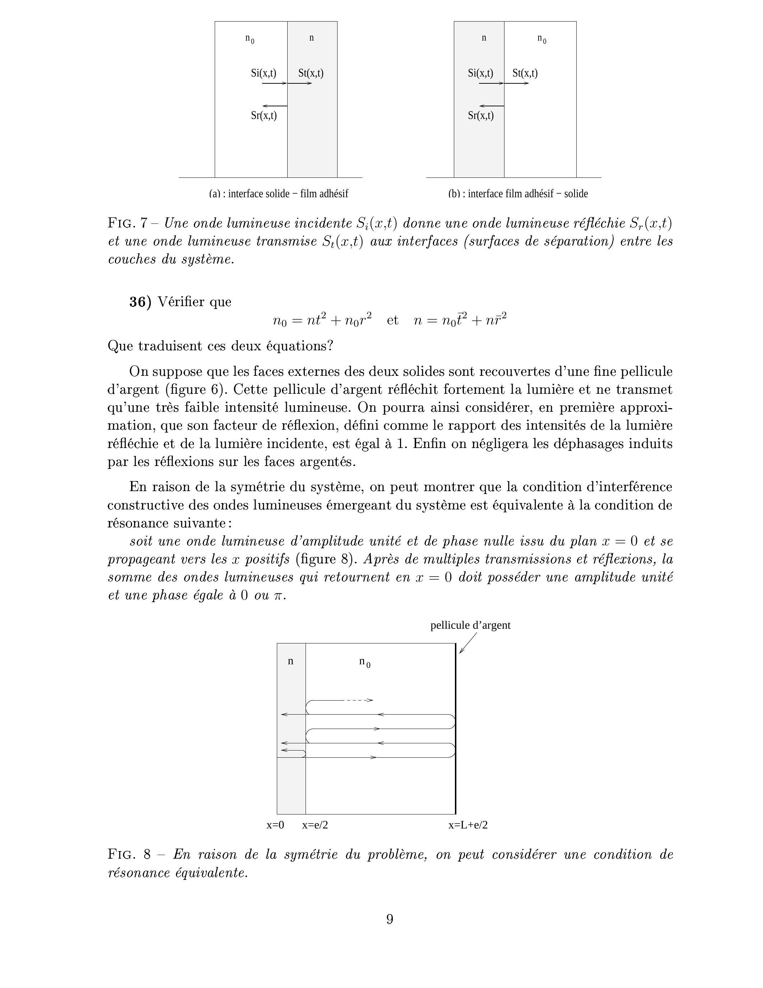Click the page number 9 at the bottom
click(x=390, y=919)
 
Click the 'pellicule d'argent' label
click(x=470, y=625)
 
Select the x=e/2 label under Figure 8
click(x=315, y=825)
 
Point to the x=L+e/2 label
click(x=468, y=825)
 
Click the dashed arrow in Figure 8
click(x=359, y=700)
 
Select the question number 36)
click(x=140, y=302)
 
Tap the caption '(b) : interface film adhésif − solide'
click(x=518, y=194)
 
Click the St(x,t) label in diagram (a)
click(x=311, y=73)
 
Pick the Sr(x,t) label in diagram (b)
click(x=480, y=115)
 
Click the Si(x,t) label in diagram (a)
click(x=264, y=73)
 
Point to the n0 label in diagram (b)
click(x=541, y=40)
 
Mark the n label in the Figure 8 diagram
click(x=290, y=661)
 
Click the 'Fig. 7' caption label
click(x=127, y=223)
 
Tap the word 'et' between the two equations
click(x=392, y=320)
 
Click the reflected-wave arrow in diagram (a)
click(x=274, y=106)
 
